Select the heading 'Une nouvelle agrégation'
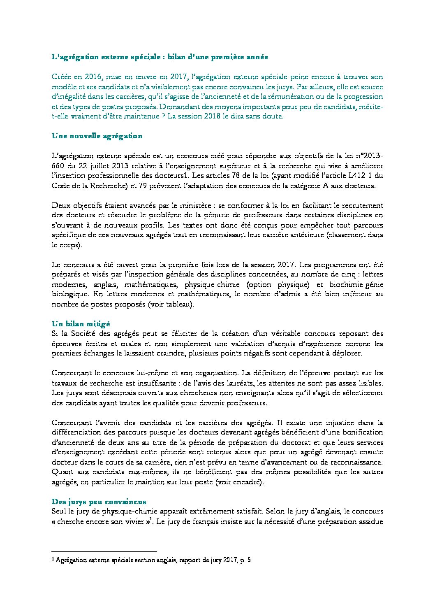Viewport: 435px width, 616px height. pos(97,136)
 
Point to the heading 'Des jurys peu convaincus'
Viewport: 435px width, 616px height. pos(99,502)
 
